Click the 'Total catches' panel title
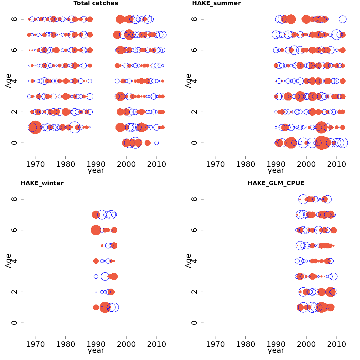(96, 3)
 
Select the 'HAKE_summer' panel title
(216, 3)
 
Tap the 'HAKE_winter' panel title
(42, 183)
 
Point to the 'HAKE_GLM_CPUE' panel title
(276, 183)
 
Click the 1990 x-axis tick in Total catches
(96, 164)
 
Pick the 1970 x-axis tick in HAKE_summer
(215, 164)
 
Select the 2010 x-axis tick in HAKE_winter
(156, 344)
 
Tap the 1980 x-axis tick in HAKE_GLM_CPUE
(246, 344)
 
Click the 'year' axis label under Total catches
(96, 170)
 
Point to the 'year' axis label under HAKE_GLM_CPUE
(276, 350)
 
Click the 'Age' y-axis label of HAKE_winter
(8, 261)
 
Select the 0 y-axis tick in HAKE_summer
(194, 142)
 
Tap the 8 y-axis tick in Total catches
(14, 19)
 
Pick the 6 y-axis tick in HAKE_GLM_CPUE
(194, 230)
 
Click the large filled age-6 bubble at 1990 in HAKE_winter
(96, 230)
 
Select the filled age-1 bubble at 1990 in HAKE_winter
(96, 307)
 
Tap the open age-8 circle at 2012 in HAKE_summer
(343, 19)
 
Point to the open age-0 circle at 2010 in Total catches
(157, 143)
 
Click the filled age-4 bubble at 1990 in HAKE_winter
(96, 261)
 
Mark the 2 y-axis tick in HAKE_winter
(14, 292)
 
